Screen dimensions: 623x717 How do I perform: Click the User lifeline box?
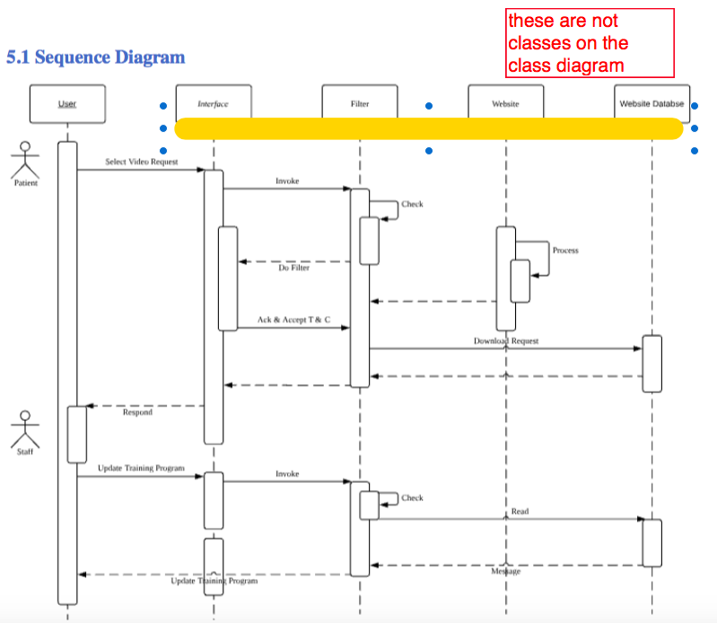67,104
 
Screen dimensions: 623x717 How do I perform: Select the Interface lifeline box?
213,103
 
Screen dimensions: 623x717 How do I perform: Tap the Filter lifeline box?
359,103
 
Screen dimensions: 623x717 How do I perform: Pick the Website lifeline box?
505,103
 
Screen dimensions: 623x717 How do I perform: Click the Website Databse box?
651,103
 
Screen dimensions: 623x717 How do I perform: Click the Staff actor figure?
25,429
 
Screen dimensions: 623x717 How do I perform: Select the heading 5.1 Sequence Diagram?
96,57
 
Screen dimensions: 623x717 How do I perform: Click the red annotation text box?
590,43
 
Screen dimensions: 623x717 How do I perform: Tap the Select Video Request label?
141,162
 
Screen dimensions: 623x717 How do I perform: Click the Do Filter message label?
293,268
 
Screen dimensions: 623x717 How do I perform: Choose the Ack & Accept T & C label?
293,320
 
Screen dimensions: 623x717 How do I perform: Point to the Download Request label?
506,341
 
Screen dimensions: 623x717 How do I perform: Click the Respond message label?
137,412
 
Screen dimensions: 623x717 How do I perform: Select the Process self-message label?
565,250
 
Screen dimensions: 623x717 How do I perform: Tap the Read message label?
520,511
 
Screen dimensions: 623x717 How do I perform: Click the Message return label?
506,571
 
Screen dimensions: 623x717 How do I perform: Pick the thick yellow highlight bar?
429,128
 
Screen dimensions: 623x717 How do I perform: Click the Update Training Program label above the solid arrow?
141,469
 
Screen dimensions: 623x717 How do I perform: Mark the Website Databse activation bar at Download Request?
652,364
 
